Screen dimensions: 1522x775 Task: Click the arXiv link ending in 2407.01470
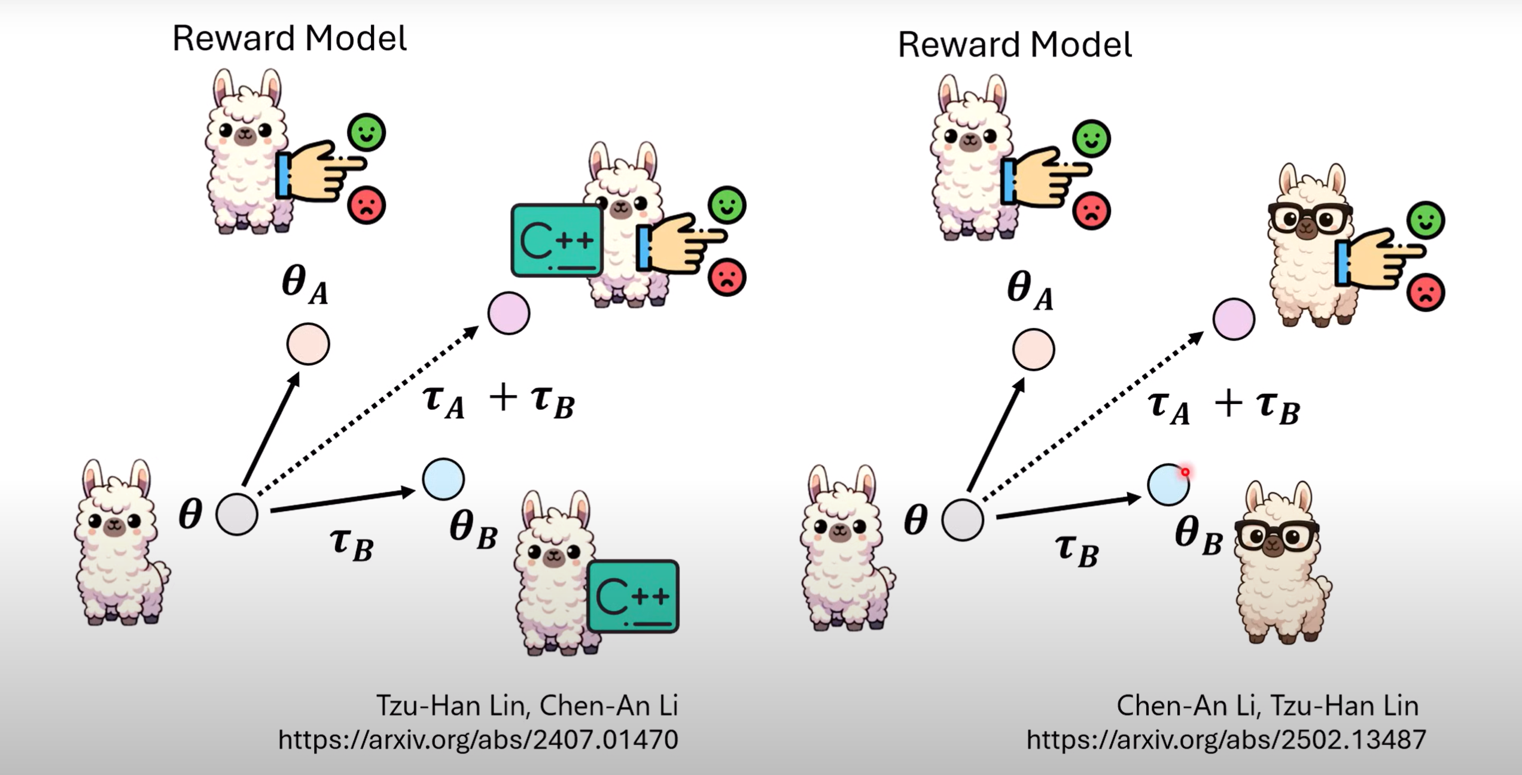click(478, 740)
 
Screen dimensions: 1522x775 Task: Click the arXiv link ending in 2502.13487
click(1226, 740)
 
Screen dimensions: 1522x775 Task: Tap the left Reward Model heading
click(290, 38)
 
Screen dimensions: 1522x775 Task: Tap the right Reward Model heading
click(1015, 45)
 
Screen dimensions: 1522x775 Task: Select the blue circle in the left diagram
click(443, 479)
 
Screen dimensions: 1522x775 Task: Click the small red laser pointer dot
click(1185, 472)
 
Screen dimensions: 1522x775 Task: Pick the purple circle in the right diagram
click(1234, 319)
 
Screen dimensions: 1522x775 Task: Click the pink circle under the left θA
click(308, 344)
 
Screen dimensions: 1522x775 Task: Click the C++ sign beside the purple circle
click(557, 241)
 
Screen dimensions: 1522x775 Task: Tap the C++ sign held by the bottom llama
click(633, 596)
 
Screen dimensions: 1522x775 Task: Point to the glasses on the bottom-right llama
click(1277, 534)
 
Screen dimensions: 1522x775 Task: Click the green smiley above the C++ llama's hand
click(727, 205)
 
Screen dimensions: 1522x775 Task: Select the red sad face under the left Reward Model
click(366, 205)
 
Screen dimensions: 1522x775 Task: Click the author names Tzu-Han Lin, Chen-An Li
click(527, 706)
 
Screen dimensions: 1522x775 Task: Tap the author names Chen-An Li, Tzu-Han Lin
click(1267, 706)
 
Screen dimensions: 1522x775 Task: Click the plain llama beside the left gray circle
click(121, 545)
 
